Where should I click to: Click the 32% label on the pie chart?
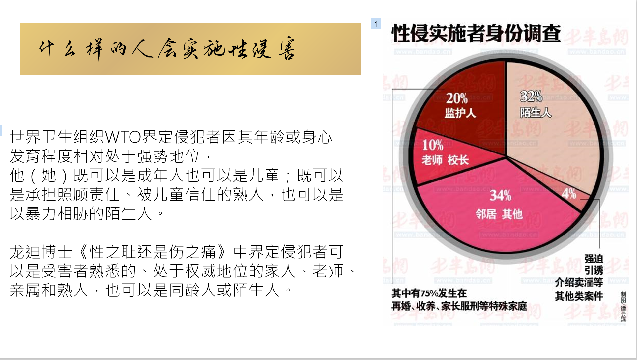tap(531, 96)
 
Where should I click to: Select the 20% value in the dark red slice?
tap(457, 98)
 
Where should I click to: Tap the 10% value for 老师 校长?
tap(433, 145)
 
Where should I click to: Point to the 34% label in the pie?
tap(500, 195)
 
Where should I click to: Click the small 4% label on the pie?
tap(569, 193)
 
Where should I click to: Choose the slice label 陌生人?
tap(536, 113)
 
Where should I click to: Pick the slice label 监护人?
tap(460, 113)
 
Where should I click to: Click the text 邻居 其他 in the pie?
tap(499, 214)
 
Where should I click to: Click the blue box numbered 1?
tap(376, 24)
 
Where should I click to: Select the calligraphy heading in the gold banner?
tap(167, 49)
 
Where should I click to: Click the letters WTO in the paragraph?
tap(123, 137)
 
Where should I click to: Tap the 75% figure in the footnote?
tap(428, 293)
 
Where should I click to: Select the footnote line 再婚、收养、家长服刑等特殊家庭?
tap(459, 306)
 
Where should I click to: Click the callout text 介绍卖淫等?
tap(579, 282)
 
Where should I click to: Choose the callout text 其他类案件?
tap(579, 296)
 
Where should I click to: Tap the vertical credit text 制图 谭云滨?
tap(623, 307)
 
